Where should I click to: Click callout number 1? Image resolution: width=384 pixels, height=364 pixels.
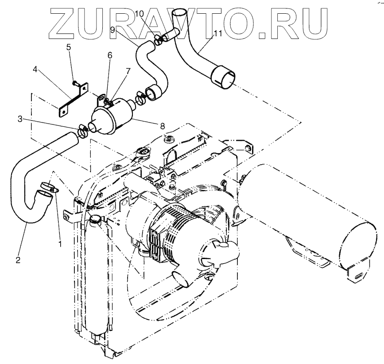click(60, 243)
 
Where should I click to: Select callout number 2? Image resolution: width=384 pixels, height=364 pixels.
click(18, 260)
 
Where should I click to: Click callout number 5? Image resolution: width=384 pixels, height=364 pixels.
click(69, 47)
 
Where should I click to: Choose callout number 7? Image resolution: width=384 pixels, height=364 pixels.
click(128, 71)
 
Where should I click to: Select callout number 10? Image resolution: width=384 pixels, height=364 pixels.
click(139, 14)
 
